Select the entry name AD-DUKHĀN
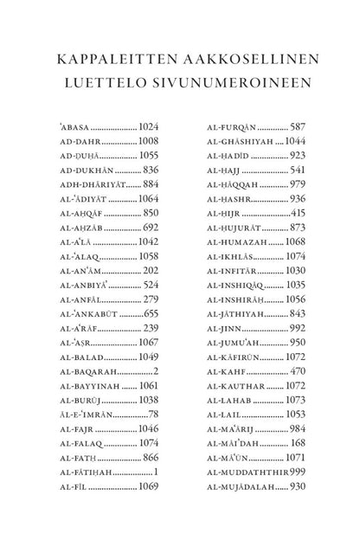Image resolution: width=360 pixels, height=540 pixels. (x=87, y=169)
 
